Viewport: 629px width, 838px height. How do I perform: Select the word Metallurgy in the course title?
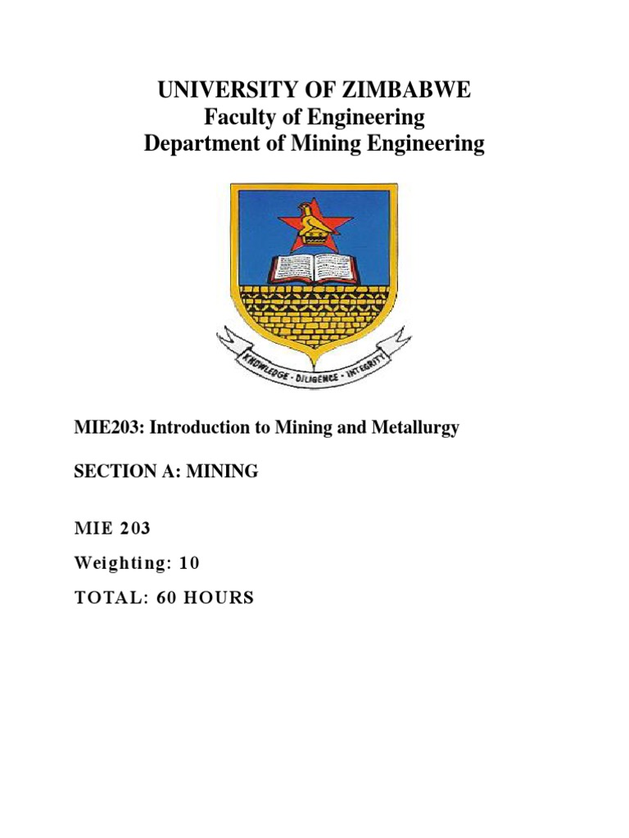[x=417, y=428]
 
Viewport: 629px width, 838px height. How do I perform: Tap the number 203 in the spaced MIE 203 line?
[x=134, y=529]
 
